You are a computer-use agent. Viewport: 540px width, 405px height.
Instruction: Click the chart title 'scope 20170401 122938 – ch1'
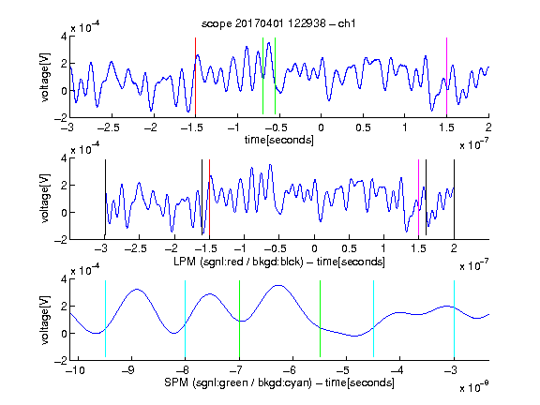(278, 23)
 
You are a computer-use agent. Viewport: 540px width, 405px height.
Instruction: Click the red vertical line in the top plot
(195, 76)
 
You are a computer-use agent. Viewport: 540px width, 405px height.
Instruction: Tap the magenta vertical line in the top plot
(446, 76)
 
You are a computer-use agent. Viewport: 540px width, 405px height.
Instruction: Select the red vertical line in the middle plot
(209, 197)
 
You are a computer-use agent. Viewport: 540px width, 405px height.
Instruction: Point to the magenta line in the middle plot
(419, 197)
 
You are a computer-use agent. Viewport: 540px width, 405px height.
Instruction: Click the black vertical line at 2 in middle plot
(454, 197)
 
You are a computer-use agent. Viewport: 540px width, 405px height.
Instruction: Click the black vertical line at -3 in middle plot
(105, 197)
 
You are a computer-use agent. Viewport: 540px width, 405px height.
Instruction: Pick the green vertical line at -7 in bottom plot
(239, 319)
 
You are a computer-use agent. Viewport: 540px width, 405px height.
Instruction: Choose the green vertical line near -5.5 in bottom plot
(320, 319)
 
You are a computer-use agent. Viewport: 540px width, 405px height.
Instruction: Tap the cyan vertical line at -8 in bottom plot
(186, 319)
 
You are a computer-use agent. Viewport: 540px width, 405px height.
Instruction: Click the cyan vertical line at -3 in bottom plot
(454, 319)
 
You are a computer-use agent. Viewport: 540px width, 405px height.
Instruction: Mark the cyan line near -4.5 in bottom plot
(373, 319)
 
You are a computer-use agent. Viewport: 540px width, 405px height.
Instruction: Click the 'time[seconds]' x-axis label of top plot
(279, 141)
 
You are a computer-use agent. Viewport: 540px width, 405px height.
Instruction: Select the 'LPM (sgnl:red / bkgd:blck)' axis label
(238, 262)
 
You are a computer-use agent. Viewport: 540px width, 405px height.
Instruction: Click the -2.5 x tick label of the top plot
(108, 127)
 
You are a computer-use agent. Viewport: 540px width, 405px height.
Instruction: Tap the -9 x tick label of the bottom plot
(128, 370)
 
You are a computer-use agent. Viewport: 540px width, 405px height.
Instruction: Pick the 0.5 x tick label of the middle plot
(349, 248)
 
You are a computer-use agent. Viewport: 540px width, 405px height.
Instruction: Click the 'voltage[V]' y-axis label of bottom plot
(45, 320)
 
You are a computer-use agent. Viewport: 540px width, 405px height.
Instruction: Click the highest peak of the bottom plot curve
(279, 285)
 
